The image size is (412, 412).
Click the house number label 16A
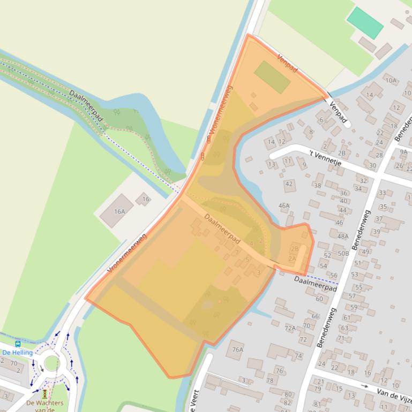click(119, 212)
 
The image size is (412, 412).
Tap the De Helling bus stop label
click(18, 353)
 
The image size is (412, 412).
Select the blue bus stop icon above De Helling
click(18, 344)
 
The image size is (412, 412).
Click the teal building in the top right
click(365, 23)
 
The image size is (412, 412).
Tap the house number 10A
click(391, 81)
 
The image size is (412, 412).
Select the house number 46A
click(284, 205)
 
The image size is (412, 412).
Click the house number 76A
click(237, 349)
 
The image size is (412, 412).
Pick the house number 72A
click(290, 328)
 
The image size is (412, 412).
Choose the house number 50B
click(343, 253)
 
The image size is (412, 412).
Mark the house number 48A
click(343, 236)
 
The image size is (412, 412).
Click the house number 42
click(289, 184)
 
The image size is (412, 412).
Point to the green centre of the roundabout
click(52, 363)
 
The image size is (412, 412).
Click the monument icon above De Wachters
click(45, 394)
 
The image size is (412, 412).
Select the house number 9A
click(403, 152)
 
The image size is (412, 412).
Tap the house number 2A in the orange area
click(292, 258)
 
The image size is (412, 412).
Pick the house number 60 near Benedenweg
click(319, 299)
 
